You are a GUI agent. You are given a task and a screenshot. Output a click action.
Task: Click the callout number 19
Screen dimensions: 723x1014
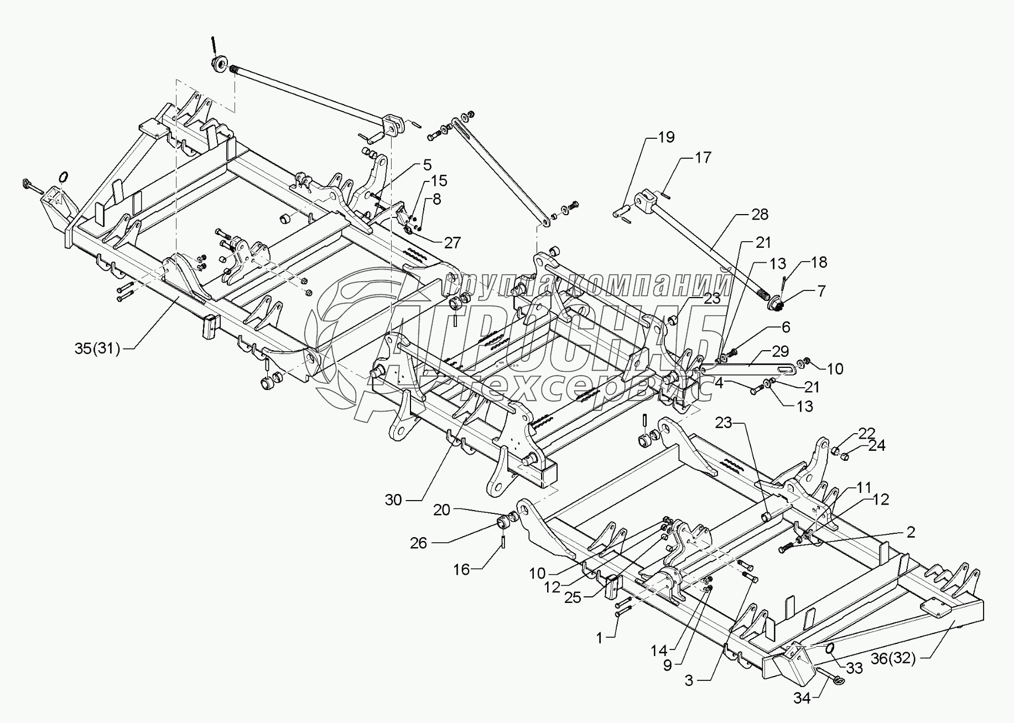click(667, 137)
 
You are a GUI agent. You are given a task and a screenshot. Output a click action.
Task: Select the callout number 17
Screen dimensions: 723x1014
click(703, 158)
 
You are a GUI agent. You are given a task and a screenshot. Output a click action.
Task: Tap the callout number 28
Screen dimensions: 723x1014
click(760, 214)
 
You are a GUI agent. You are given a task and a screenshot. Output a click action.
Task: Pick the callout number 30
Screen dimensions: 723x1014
click(394, 500)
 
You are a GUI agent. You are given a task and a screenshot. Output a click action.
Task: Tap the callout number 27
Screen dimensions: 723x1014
click(452, 242)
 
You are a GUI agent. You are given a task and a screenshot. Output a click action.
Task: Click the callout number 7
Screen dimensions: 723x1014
click(821, 290)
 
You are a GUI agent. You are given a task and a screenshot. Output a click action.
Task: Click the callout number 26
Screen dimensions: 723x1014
click(419, 543)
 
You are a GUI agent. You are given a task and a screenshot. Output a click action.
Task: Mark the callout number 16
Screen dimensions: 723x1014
click(461, 569)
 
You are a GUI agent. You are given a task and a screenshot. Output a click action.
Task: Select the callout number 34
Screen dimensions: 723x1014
click(802, 699)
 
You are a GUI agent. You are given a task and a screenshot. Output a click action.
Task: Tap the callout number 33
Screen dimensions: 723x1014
click(854, 668)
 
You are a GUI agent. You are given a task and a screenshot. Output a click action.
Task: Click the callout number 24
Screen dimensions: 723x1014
click(877, 445)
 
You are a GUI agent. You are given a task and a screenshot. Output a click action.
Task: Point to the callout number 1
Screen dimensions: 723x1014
click(599, 638)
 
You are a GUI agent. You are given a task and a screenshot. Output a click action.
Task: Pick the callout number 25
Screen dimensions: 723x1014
click(573, 597)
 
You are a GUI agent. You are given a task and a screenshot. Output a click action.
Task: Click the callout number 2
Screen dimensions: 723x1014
click(911, 532)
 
